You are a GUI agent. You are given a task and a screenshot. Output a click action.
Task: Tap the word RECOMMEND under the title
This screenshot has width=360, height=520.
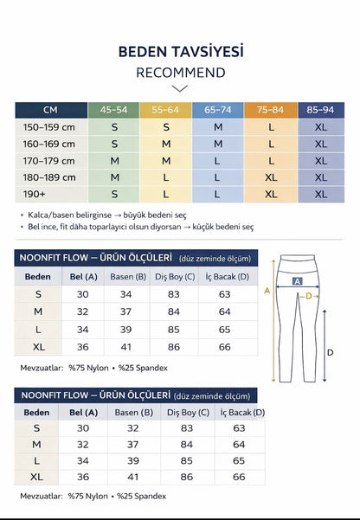click(x=180, y=73)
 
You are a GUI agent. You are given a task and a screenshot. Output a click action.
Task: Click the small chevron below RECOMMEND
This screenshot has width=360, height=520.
click(x=180, y=88)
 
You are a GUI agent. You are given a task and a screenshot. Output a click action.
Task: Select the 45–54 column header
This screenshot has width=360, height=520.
click(x=115, y=111)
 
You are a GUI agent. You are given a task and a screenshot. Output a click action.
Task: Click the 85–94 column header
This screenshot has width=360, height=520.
click(x=321, y=111)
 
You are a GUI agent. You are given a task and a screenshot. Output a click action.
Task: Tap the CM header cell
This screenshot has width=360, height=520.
click(x=52, y=111)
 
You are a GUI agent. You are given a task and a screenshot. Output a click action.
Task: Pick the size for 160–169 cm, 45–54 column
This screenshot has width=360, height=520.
click(x=115, y=144)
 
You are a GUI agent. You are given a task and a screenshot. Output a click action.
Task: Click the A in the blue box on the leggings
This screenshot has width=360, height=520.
click(x=298, y=281)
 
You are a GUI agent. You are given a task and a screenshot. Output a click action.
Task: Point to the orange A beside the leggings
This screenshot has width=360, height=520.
click(x=267, y=292)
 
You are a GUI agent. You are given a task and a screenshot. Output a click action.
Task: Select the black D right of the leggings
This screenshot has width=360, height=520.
click(x=330, y=352)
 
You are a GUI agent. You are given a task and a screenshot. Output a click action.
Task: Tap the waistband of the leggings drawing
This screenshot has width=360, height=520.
click(x=298, y=262)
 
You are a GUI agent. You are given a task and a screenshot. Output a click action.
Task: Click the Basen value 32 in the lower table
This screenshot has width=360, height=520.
click(x=132, y=428)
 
